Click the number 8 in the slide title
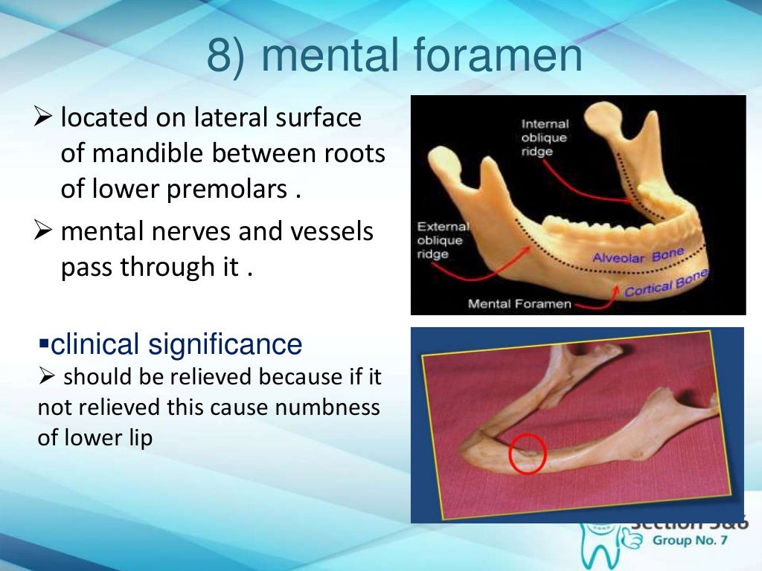(221, 57)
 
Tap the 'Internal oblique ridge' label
(545, 138)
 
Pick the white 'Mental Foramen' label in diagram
(519, 303)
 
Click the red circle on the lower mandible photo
(528, 454)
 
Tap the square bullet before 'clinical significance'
(43, 346)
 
